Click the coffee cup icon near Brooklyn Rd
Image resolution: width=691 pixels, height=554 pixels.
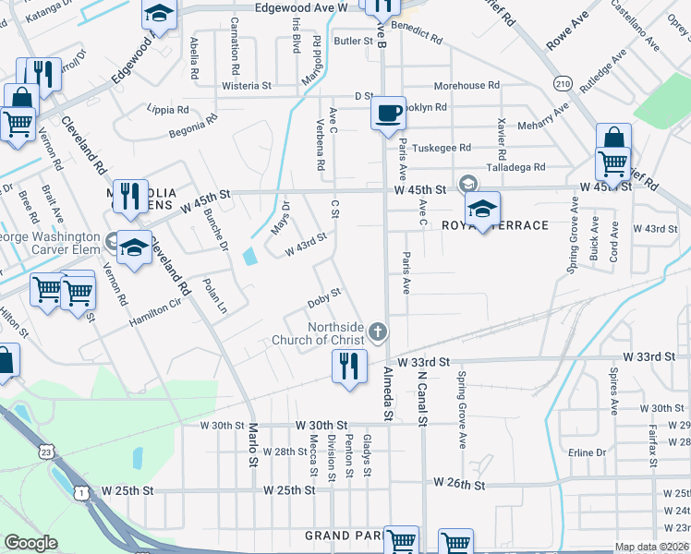389,112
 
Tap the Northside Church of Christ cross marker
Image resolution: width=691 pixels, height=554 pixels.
377,331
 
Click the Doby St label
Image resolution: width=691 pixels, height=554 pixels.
324,298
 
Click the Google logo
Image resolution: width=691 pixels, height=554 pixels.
30,543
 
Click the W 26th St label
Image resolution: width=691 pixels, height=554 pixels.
459,483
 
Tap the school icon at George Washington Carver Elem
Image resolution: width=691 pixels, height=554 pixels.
134,247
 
